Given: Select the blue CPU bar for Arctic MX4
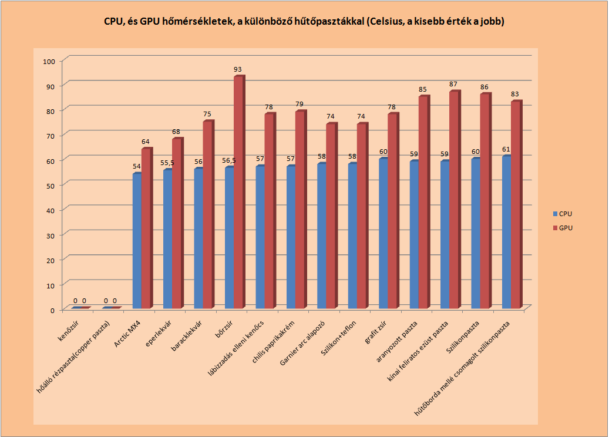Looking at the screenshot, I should [137, 241].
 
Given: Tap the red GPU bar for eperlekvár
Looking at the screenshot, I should [177, 224].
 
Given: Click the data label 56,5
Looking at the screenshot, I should [229, 161].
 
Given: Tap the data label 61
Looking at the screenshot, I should [506, 149].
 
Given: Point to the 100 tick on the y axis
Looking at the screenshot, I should [49, 61].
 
